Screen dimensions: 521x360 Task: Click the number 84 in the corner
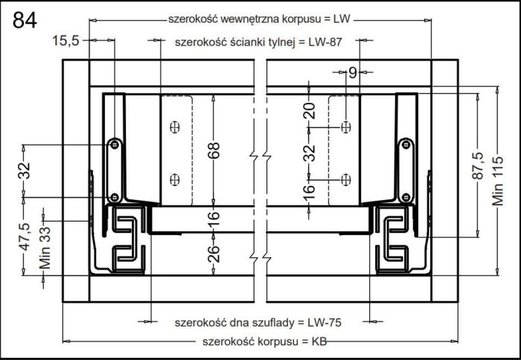pyautogui.click(x=25, y=20)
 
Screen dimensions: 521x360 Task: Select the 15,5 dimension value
pyautogui.click(x=65, y=41)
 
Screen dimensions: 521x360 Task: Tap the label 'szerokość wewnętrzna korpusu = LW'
pyautogui.click(x=259, y=19)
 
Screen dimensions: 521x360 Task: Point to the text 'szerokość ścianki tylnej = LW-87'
pyautogui.click(x=258, y=42)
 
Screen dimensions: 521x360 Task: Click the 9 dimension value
pyautogui.click(x=353, y=72)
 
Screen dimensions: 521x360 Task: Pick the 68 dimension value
pyautogui.click(x=214, y=150)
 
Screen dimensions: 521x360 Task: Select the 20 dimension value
pyautogui.click(x=310, y=111)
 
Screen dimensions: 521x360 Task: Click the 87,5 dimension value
pyautogui.click(x=478, y=166)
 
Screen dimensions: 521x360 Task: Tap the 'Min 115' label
pyautogui.click(x=497, y=181)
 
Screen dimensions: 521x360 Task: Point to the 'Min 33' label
pyautogui.click(x=45, y=248)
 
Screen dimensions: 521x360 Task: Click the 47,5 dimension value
pyautogui.click(x=24, y=237)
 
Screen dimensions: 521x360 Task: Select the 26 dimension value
pyautogui.click(x=214, y=254)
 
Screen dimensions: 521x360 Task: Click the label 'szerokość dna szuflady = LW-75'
pyautogui.click(x=258, y=323)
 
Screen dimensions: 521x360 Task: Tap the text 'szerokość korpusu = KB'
pyautogui.click(x=264, y=341)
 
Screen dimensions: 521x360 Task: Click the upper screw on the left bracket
pyautogui.click(x=115, y=144)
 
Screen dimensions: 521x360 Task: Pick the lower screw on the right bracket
pyautogui.click(x=406, y=198)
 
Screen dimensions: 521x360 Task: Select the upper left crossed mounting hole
pyautogui.click(x=175, y=127)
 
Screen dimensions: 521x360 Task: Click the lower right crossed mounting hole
pyautogui.click(x=346, y=180)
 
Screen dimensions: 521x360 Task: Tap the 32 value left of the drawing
pyautogui.click(x=25, y=170)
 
